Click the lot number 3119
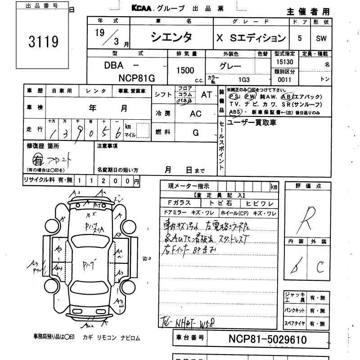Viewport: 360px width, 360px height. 43,41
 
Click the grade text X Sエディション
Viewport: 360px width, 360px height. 251,38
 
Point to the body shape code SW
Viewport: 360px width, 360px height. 321,39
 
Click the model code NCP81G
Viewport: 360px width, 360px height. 137,78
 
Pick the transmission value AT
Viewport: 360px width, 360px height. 207,94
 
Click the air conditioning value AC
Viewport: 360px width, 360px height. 195,114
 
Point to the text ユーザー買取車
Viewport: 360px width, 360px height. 252,122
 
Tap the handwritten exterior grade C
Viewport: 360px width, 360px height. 320,267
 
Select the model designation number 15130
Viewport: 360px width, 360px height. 285,63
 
